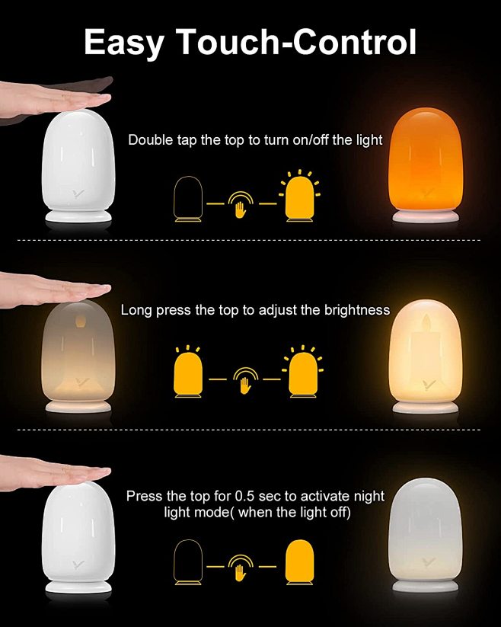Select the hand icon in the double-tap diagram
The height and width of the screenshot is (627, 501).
click(241, 204)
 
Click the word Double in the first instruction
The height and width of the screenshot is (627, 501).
click(151, 140)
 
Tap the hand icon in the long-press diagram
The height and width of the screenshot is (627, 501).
click(245, 380)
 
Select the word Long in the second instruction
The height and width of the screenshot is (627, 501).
click(136, 310)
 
